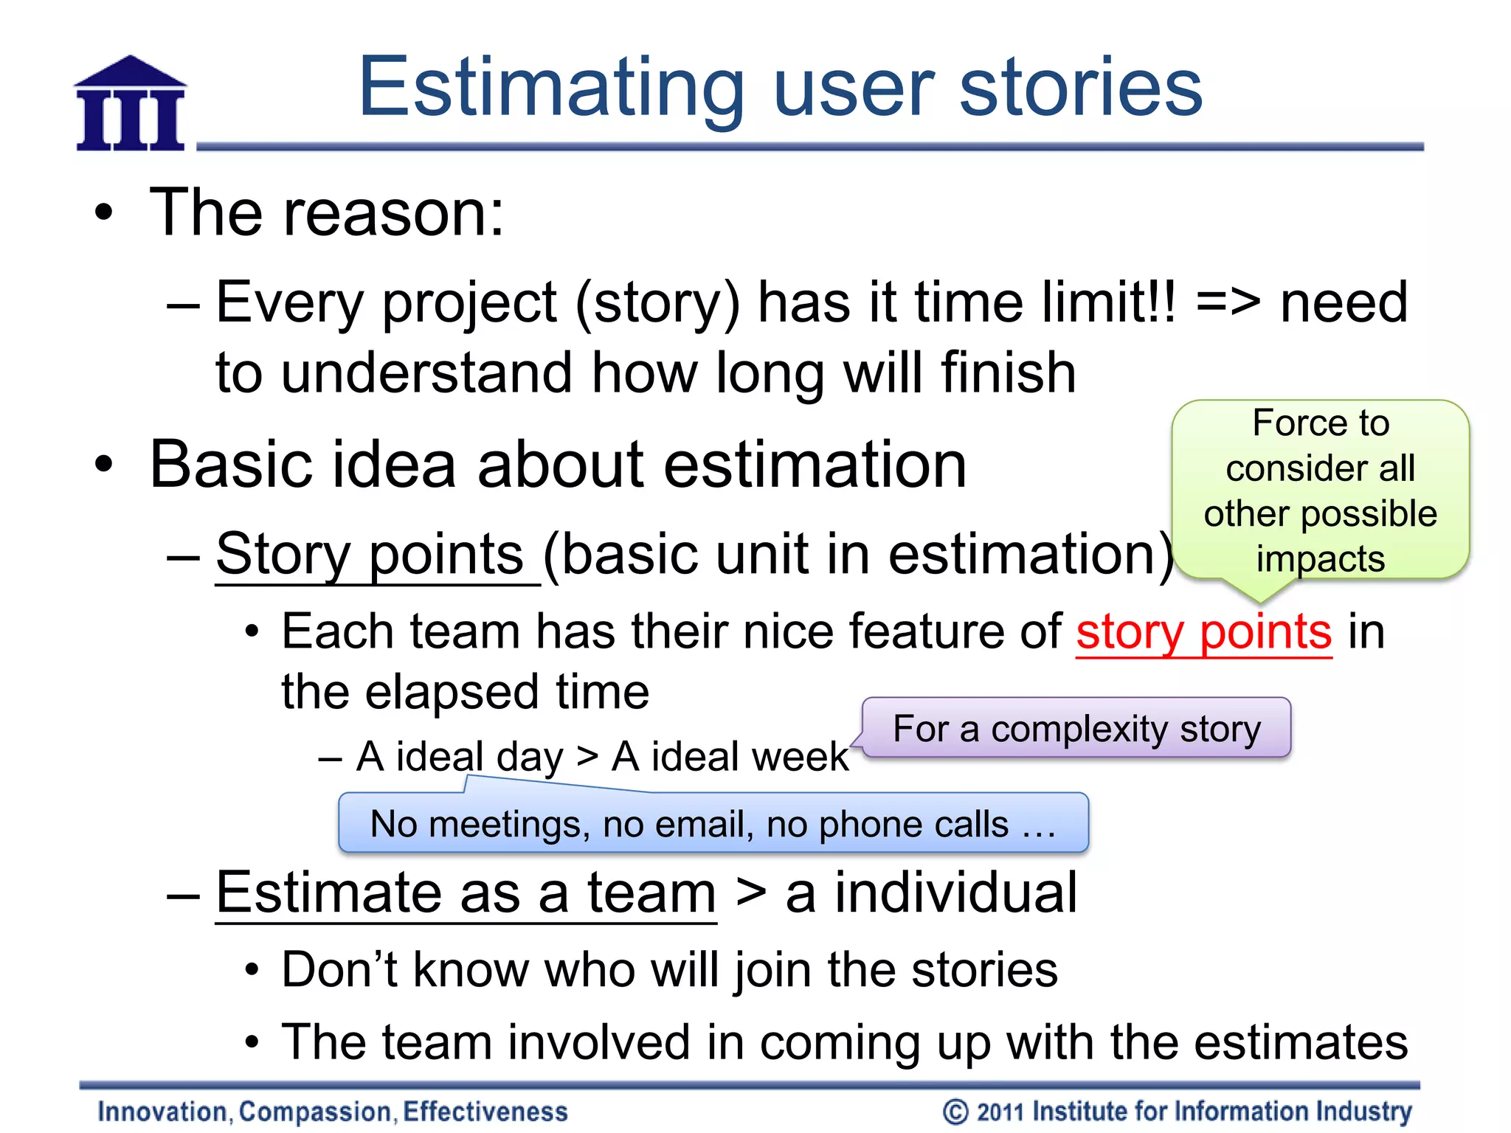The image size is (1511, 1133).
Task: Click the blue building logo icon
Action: (x=131, y=104)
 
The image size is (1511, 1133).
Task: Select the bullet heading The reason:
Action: (x=327, y=213)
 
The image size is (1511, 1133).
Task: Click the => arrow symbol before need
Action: (x=1228, y=303)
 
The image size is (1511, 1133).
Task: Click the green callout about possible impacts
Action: (x=1320, y=491)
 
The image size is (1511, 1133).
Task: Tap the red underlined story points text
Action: (x=1203, y=633)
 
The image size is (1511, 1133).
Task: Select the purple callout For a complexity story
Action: (x=1076, y=729)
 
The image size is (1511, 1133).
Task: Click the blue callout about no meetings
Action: (x=713, y=824)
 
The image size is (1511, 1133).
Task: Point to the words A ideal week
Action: (x=730, y=757)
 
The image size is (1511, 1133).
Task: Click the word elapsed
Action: (x=453, y=693)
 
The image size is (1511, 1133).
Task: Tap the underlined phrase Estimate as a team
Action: (x=466, y=893)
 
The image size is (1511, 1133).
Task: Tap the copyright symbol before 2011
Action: (x=955, y=1112)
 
